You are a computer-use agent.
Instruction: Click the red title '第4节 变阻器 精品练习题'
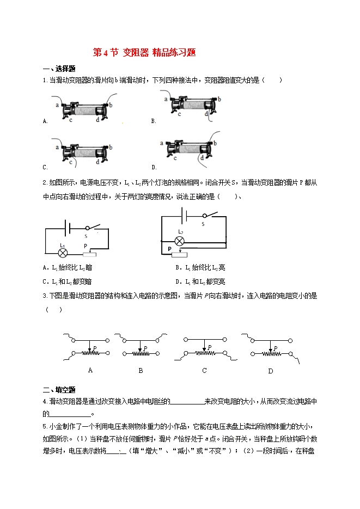pyautogui.click(x=144, y=53)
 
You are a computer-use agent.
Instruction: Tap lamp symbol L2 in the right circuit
pyautogui.click(x=181, y=241)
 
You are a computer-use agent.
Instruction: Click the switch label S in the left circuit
pyautogui.click(x=86, y=236)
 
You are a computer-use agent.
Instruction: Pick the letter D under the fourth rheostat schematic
pyautogui.click(x=271, y=371)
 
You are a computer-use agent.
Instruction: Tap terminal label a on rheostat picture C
pyautogui.click(x=57, y=147)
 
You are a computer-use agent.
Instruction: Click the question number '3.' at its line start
pyautogui.click(x=44, y=296)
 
